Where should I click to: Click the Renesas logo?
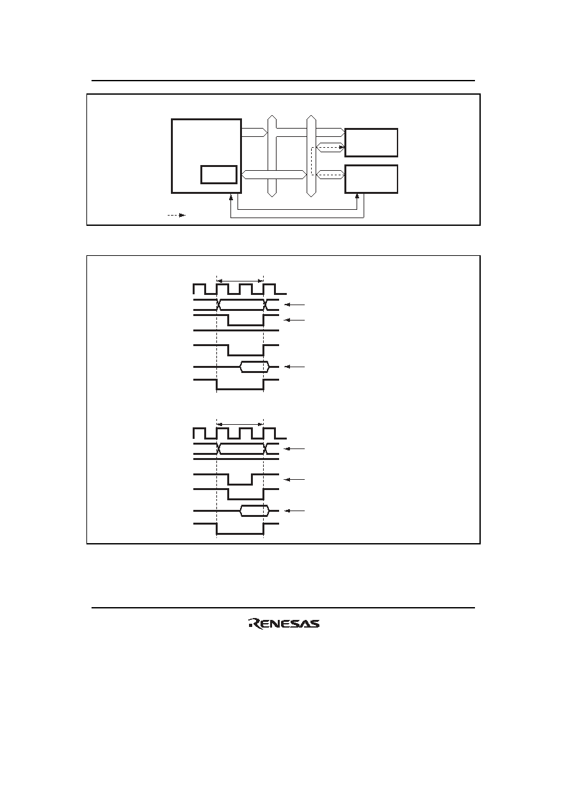point(284,623)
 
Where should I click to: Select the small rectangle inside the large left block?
point(219,175)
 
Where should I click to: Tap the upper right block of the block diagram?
point(371,143)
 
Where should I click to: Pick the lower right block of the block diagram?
point(371,179)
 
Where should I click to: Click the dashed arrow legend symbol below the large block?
point(177,216)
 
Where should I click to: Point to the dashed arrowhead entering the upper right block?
point(342,147)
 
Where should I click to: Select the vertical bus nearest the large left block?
point(272,156)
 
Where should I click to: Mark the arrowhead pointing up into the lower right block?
point(357,196)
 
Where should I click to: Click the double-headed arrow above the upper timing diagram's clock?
point(239,281)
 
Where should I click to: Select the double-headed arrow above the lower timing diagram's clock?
point(239,424)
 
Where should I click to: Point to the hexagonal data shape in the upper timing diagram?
point(255,367)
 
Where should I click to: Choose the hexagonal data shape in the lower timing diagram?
point(255,511)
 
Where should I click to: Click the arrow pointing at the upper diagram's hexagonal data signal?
point(294,367)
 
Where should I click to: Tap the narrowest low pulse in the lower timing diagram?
point(240,479)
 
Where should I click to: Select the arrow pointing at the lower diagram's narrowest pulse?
point(294,479)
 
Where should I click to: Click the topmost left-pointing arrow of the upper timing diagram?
point(294,305)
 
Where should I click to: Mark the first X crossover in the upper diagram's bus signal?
point(218,305)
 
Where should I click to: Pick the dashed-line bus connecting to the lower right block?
point(330,175)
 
